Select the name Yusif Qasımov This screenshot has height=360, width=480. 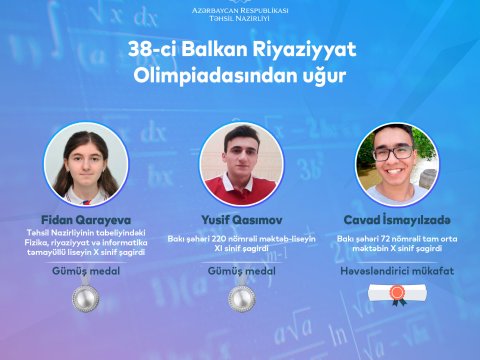tap(239, 219)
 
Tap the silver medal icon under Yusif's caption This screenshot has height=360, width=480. tap(240, 297)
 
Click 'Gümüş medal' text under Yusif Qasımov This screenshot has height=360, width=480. tap(240, 271)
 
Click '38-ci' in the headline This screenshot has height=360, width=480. tap(149, 49)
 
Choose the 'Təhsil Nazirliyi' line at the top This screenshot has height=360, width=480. tap(239, 19)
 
